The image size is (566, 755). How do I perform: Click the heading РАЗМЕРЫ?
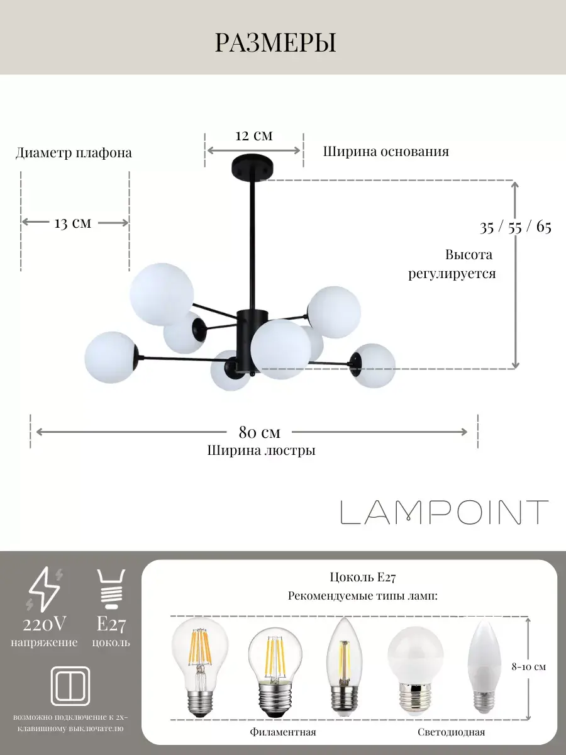(x=275, y=43)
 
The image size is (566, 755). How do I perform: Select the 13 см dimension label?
(x=73, y=223)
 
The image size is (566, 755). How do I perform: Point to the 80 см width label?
(x=259, y=432)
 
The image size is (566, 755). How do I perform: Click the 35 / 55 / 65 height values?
(x=515, y=227)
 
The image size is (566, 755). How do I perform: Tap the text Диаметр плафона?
(x=74, y=153)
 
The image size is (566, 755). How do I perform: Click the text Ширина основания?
(x=386, y=152)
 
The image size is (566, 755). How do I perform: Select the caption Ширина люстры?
(x=261, y=450)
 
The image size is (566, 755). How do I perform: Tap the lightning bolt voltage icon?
(x=45, y=589)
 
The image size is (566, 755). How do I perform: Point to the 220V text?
(x=45, y=624)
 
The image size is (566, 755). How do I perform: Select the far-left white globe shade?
(x=111, y=356)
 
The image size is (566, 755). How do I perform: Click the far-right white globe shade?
(x=373, y=366)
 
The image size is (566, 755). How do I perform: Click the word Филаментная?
(x=282, y=732)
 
